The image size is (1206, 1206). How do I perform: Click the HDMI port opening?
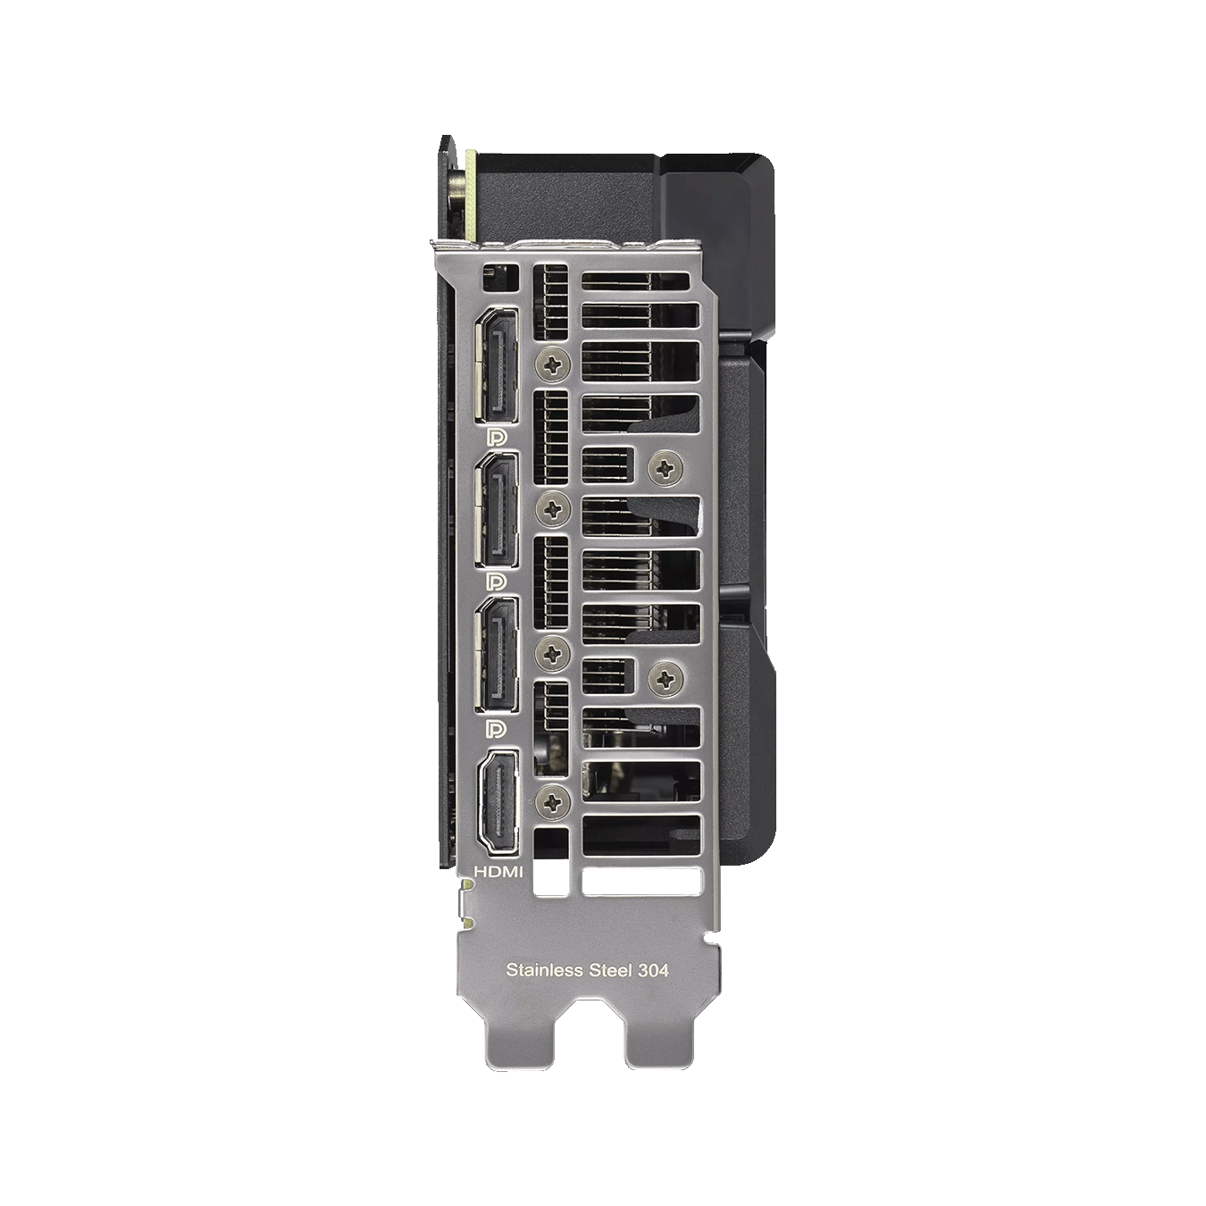pos(498,803)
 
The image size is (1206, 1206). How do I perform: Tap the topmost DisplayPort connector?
pos(497,364)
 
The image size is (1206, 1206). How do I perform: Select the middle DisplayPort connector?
pos(497,510)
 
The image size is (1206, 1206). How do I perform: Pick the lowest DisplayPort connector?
pos(497,655)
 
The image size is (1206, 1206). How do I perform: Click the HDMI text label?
pos(498,870)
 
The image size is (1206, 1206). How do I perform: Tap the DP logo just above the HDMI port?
pos(498,728)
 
